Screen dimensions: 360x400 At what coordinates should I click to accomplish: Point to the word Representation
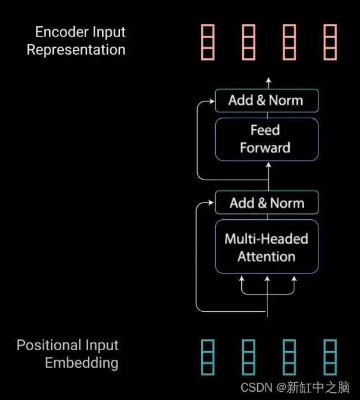pyautogui.click(x=76, y=50)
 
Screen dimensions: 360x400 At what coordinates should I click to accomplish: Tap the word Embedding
pyautogui.click(x=82, y=363)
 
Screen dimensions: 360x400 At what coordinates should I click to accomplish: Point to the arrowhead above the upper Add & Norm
pyautogui.click(x=268, y=80)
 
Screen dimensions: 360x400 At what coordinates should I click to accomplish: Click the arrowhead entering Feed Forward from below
pyautogui.click(x=268, y=165)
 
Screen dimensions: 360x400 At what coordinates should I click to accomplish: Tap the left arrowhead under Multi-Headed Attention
pyautogui.click(x=241, y=279)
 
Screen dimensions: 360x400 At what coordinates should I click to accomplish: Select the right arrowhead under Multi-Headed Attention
pyautogui.click(x=294, y=279)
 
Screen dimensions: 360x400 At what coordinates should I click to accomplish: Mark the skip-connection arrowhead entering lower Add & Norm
pyautogui.click(x=211, y=203)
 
